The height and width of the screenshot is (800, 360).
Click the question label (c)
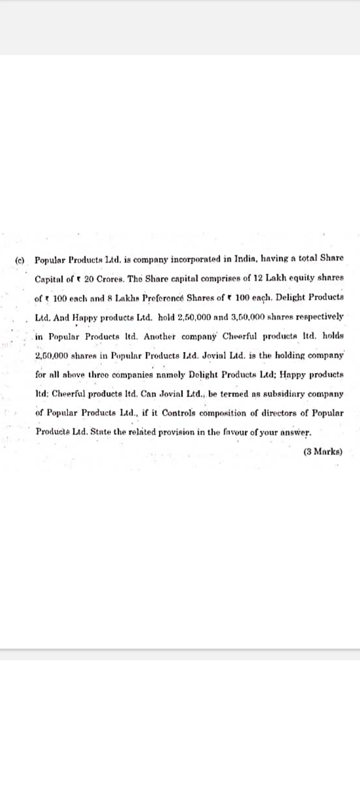tap(20, 260)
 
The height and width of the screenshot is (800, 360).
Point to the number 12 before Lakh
tap(258, 278)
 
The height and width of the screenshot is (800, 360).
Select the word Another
tap(156, 336)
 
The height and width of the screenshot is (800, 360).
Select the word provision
tap(178, 432)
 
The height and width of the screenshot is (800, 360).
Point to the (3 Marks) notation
tap(323, 451)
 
